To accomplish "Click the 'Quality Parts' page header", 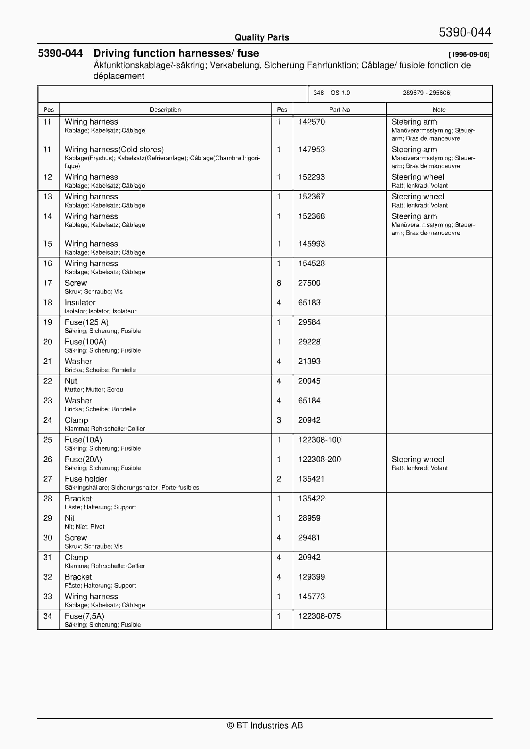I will (262, 37).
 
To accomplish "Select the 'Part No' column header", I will (339, 110).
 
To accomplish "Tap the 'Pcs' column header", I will (282, 110).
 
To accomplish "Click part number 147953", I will (311, 149).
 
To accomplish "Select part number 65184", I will (309, 400).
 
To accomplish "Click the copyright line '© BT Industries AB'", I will (265, 725).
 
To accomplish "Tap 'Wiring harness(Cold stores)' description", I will (114, 149).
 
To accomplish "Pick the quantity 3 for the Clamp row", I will (279, 420).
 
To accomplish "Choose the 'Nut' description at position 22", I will (71, 381).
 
